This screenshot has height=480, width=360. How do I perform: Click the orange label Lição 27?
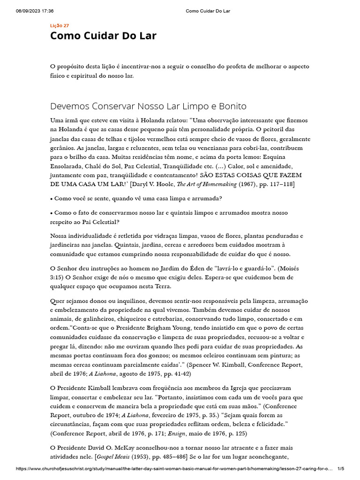60,25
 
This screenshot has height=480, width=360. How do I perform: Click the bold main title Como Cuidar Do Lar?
103,36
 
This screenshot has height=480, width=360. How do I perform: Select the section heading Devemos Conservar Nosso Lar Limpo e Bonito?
148,106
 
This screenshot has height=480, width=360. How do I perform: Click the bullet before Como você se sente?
52,199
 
